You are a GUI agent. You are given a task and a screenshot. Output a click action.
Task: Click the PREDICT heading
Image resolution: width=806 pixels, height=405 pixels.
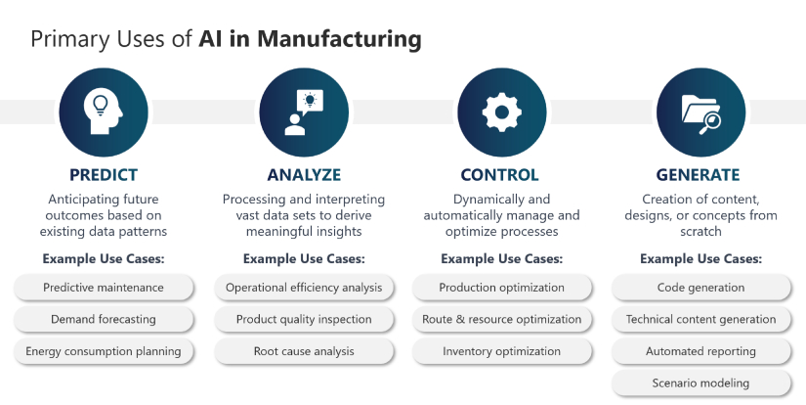point(104,175)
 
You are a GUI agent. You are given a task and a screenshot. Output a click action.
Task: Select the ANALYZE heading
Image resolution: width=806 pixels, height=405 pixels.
point(304,175)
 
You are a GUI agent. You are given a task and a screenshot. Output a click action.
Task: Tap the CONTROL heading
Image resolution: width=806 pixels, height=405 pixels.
point(499,175)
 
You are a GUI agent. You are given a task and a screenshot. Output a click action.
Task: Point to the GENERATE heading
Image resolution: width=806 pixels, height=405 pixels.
point(699,175)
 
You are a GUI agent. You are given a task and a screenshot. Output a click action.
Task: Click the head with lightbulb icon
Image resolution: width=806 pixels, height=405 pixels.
point(104,112)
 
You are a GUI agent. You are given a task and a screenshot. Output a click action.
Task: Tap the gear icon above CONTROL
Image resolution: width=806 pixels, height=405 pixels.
point(502,112)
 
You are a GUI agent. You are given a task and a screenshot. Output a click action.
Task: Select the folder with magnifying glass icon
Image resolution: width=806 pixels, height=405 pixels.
point(701,114)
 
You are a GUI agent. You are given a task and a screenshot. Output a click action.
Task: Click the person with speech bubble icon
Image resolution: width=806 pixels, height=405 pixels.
point(304,112)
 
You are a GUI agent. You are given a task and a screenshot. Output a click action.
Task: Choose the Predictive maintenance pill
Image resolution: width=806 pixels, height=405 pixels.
point(104,288)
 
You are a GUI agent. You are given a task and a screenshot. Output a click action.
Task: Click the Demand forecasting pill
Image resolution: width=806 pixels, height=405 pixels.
point(104,319)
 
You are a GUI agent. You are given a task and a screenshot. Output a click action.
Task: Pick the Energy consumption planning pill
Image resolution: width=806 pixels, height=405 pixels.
point(104,351)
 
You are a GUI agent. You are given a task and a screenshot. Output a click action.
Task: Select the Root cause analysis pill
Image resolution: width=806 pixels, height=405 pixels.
point(304,351)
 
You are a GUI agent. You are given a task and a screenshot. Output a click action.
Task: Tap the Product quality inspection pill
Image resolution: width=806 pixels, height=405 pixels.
point(304,319)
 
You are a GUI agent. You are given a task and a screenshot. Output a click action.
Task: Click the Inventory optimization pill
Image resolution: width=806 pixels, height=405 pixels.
point(502,351)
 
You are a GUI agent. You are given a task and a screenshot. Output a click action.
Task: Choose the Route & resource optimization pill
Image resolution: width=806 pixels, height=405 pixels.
point(502,319)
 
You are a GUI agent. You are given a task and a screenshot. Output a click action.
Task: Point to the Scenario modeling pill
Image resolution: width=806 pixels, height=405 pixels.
point(701,382)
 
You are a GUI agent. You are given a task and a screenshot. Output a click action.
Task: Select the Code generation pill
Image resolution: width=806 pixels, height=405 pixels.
point(701,288)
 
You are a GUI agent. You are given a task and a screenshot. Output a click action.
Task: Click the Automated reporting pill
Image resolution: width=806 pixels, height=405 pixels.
point(701,351)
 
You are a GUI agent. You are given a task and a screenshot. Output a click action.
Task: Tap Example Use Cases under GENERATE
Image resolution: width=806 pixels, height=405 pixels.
point(701,258)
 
